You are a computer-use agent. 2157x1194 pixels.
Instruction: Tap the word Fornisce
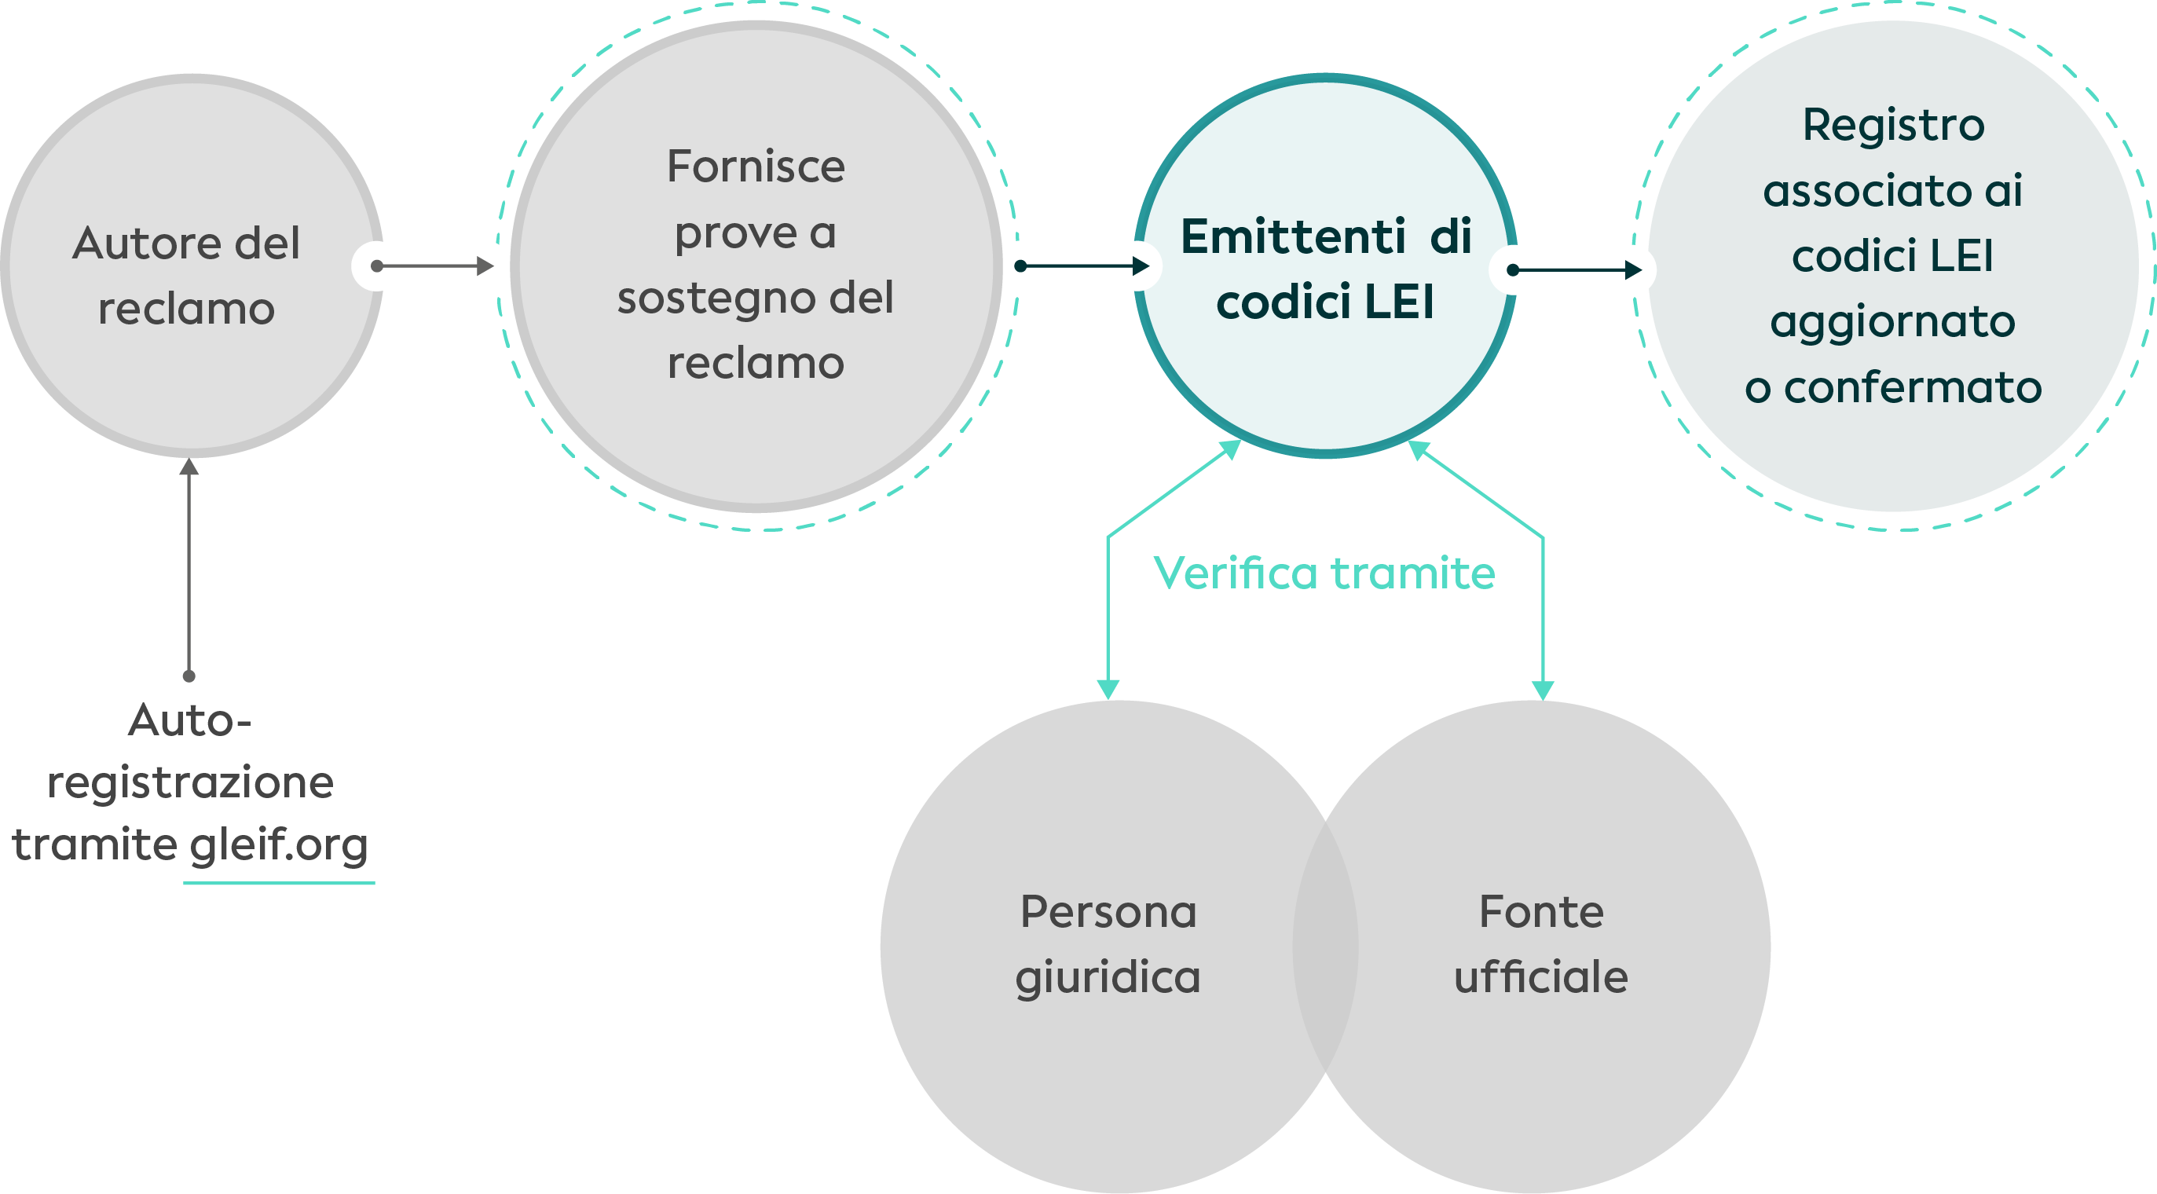756,166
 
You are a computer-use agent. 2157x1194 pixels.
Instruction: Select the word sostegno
707,298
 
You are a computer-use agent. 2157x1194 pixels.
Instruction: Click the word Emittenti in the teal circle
1293,236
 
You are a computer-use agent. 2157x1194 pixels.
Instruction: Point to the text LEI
1399,302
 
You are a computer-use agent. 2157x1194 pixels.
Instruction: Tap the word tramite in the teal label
1413,573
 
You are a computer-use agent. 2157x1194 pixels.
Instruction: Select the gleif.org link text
279,845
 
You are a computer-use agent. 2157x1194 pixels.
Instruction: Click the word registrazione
191,783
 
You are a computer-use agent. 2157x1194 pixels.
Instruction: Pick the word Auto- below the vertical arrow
190,720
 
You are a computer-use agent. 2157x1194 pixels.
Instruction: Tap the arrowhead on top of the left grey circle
1108,688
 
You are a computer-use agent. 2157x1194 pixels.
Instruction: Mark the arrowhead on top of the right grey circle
1543,688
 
